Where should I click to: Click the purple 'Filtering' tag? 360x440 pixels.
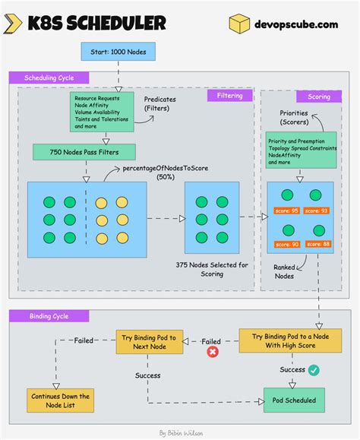(230, 96)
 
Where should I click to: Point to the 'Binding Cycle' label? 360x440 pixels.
(47, 315)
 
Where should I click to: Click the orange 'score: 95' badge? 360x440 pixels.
(287, 211)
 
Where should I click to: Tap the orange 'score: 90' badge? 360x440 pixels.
(287, 244)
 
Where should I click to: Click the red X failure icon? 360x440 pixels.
(213, 352)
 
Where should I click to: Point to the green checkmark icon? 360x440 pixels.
(314, 370)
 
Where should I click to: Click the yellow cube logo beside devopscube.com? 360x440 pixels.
(240, 24)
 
